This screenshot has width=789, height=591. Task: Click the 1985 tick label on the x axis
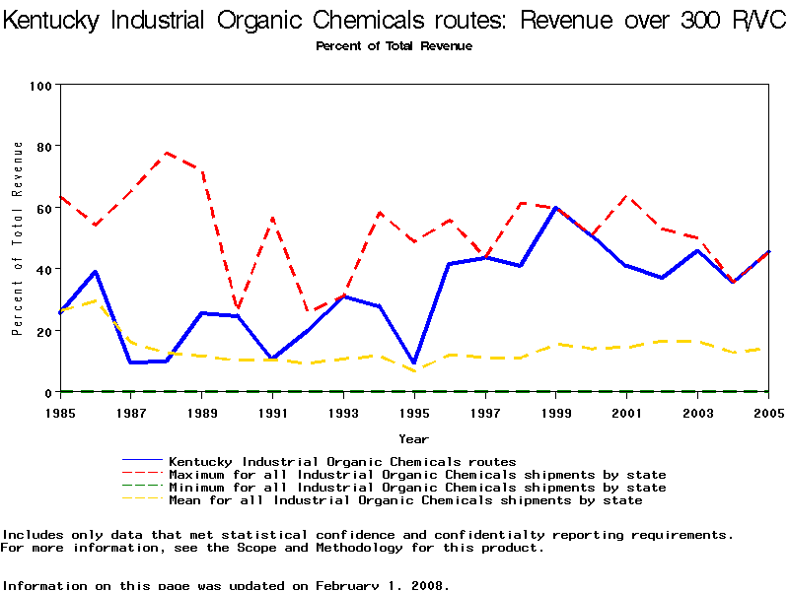(x=61, y=412)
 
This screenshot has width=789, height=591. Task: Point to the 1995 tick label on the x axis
(x=414, y=412)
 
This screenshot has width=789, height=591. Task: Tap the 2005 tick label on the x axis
(x=767, y=412)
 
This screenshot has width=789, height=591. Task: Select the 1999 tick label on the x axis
(x=556, y=412)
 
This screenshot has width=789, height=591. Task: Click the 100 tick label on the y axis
(x=40, y=86)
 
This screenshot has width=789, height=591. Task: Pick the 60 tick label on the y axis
(x=44, y=209)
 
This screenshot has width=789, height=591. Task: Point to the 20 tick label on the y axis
(x=44, y=332)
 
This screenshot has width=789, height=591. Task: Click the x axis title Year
(x=414, y=438)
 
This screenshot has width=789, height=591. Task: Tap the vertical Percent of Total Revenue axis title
(x=18, y=238)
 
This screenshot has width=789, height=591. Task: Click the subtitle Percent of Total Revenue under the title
(x=394, y=46)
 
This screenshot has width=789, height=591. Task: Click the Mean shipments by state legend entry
(x=405, y=500)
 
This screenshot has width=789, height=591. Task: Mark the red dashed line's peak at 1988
(x=167, y=153)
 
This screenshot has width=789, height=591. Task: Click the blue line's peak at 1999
(x=556, y=208)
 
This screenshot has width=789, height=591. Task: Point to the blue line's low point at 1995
(x=414, y=362)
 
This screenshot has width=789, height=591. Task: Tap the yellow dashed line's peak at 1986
(x=97, y=300)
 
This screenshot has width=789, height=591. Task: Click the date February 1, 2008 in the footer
(x=383, y=585)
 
